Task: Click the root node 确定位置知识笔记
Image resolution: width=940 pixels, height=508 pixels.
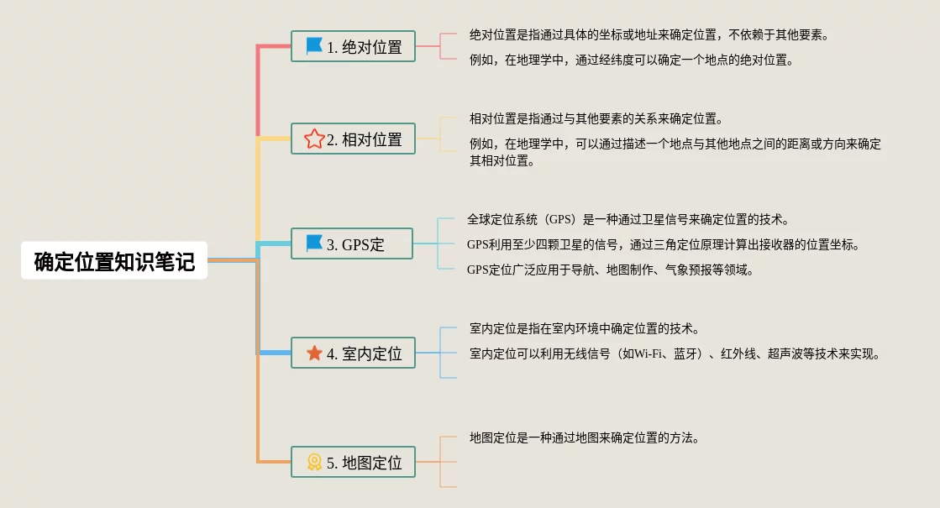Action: (114, 261)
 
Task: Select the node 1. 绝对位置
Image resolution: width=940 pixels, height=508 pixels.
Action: (353, 47)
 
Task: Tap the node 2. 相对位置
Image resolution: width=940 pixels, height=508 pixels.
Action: (353, 139)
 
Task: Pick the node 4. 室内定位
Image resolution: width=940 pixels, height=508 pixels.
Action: (353, 354)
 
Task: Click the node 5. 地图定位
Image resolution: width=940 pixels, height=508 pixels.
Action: (353, 462)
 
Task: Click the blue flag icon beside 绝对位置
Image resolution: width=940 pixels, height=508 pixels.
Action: (314, 46)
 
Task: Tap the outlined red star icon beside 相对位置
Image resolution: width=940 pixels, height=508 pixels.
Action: (314, 139)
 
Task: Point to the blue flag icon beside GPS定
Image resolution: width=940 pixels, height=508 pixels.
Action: (314, 244)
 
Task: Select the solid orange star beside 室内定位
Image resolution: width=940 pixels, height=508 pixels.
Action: (314, 354)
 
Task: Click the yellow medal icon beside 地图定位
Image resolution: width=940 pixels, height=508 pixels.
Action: (314, 462)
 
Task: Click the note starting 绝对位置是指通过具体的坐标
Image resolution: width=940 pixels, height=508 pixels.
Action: (649, 35)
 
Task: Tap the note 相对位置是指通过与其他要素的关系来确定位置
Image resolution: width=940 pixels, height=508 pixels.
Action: (596, 119)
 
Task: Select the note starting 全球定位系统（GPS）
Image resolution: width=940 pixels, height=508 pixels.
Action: (628, 220)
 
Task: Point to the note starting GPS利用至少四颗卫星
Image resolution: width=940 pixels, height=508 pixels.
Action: (663, 244)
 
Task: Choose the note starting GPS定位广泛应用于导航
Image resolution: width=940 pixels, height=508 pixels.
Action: (610, 270)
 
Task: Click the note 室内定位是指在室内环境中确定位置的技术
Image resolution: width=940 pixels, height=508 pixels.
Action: (585, 328)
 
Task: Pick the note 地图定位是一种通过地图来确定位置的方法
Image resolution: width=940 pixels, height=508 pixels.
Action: (585, 437)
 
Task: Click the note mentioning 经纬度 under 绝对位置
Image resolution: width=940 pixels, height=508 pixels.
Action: (632, 60)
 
